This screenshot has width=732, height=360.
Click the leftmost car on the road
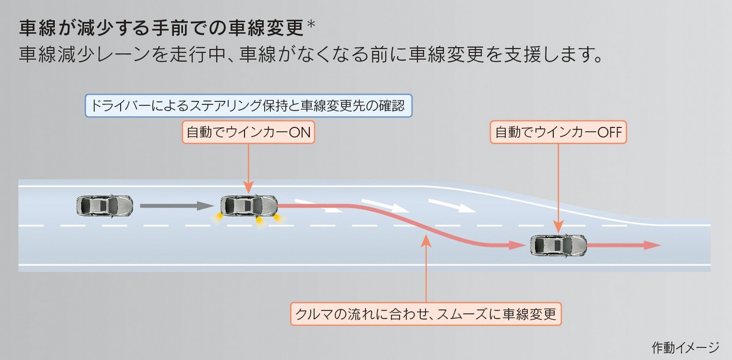(x=104, y=206)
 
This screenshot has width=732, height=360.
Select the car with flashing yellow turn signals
(x=249, y=206)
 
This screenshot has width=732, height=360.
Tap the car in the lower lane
(x=558, y=245)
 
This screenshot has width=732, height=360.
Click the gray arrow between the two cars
(x=177, y=206)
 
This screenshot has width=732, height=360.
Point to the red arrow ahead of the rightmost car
(x=623, y=245)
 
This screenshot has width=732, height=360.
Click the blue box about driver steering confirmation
(x=249, y=106)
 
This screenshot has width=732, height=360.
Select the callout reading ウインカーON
(x=248, y=132)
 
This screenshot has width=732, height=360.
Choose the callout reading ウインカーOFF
(x=558, y=132)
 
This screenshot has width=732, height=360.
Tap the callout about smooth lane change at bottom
(x=426, y=314)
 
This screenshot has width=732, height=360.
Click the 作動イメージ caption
(x=685, y=348)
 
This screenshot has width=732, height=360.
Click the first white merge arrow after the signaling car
(x=318, y=206)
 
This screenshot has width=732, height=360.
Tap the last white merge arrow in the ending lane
(x=452, y=206)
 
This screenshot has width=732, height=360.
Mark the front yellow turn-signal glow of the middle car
(x=278, y=218)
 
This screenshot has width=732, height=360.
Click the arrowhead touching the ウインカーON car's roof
(x=248, y=189)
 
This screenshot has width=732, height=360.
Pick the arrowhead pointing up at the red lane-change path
(x=426, y=240)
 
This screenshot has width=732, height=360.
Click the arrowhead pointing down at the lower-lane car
(x=558, y=226)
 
